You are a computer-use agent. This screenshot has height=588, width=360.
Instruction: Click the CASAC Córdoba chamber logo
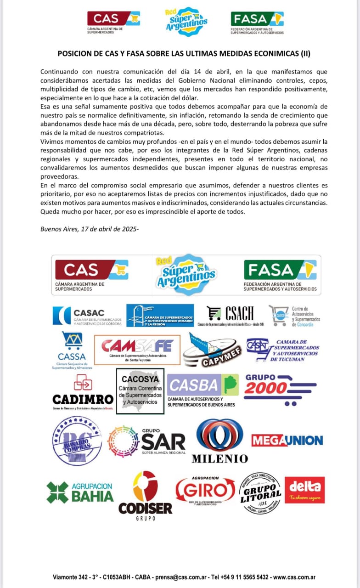pyautogui.click(x=87, y=316)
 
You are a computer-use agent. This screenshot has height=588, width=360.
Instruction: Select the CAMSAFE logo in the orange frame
pyautogui.click(x=137, y=350)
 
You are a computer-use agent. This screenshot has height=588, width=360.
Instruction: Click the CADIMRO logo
pyautogui.click(x=83, y=392)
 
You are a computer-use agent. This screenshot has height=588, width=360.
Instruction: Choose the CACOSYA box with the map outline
pyautogui.click(x=140, y=391)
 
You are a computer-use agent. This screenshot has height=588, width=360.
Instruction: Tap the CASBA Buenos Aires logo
pyautogui.click(x=202, y=390)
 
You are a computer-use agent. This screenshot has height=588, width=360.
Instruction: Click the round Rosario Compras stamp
pyautogui.click(x=77, y=441)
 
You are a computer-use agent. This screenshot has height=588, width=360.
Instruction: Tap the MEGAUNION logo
pyautogui.click(x=287, y=441)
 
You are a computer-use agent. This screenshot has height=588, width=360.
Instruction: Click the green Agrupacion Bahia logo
pyautogui.click(x=80, y=492)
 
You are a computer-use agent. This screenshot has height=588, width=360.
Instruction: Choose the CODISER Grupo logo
pyautogui.click(x=145, y=496)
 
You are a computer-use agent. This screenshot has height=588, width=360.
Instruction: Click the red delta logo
pyautogui.click(x=304, y=490)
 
